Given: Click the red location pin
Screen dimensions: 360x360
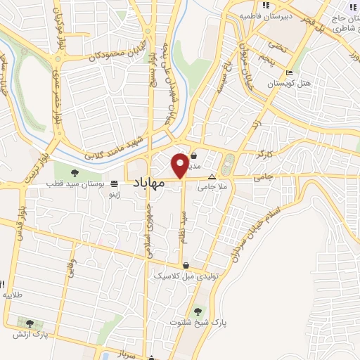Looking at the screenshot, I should point(180,164).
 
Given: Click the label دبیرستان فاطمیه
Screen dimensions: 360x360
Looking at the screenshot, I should point(261,15).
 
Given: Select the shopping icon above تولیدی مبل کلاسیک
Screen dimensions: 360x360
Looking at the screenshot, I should point(186,266).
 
